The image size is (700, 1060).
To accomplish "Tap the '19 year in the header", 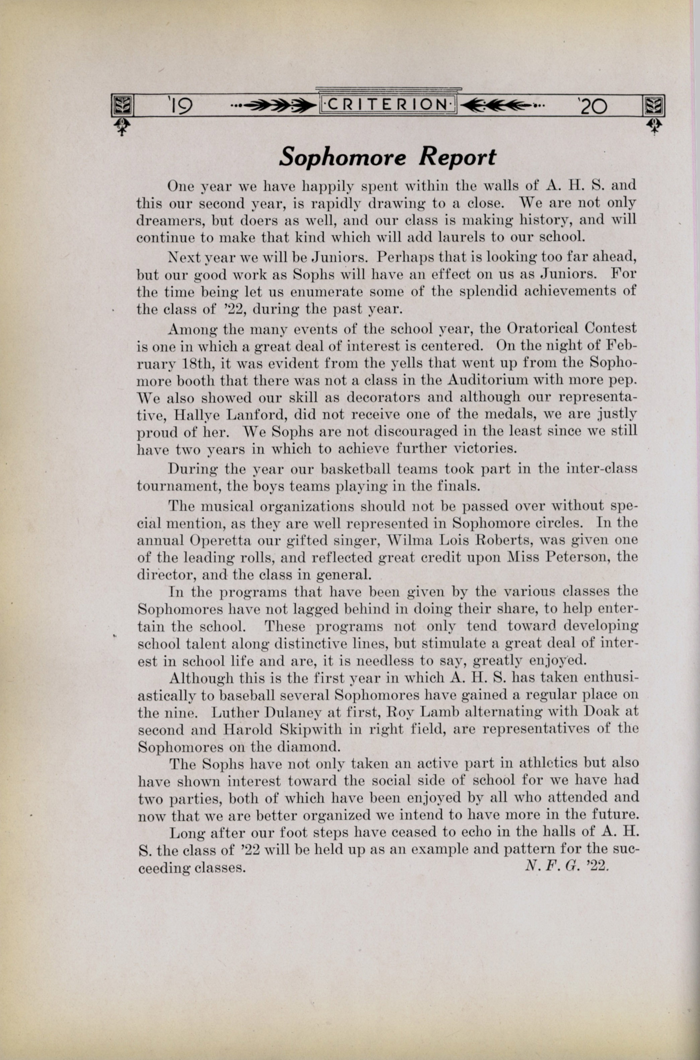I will coord(180,106).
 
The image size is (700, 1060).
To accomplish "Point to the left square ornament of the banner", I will coord(120,106).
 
